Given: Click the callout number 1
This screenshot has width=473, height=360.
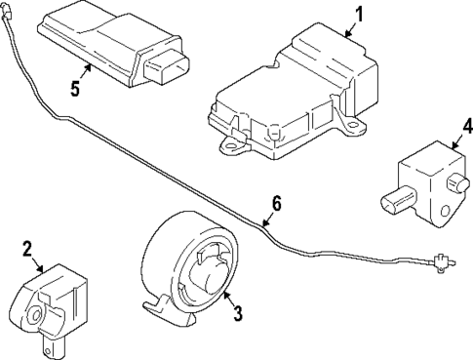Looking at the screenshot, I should click(358, 14).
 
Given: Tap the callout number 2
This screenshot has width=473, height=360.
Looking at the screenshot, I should click(28, 249).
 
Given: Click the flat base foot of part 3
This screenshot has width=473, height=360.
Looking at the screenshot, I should click(166, 312).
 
